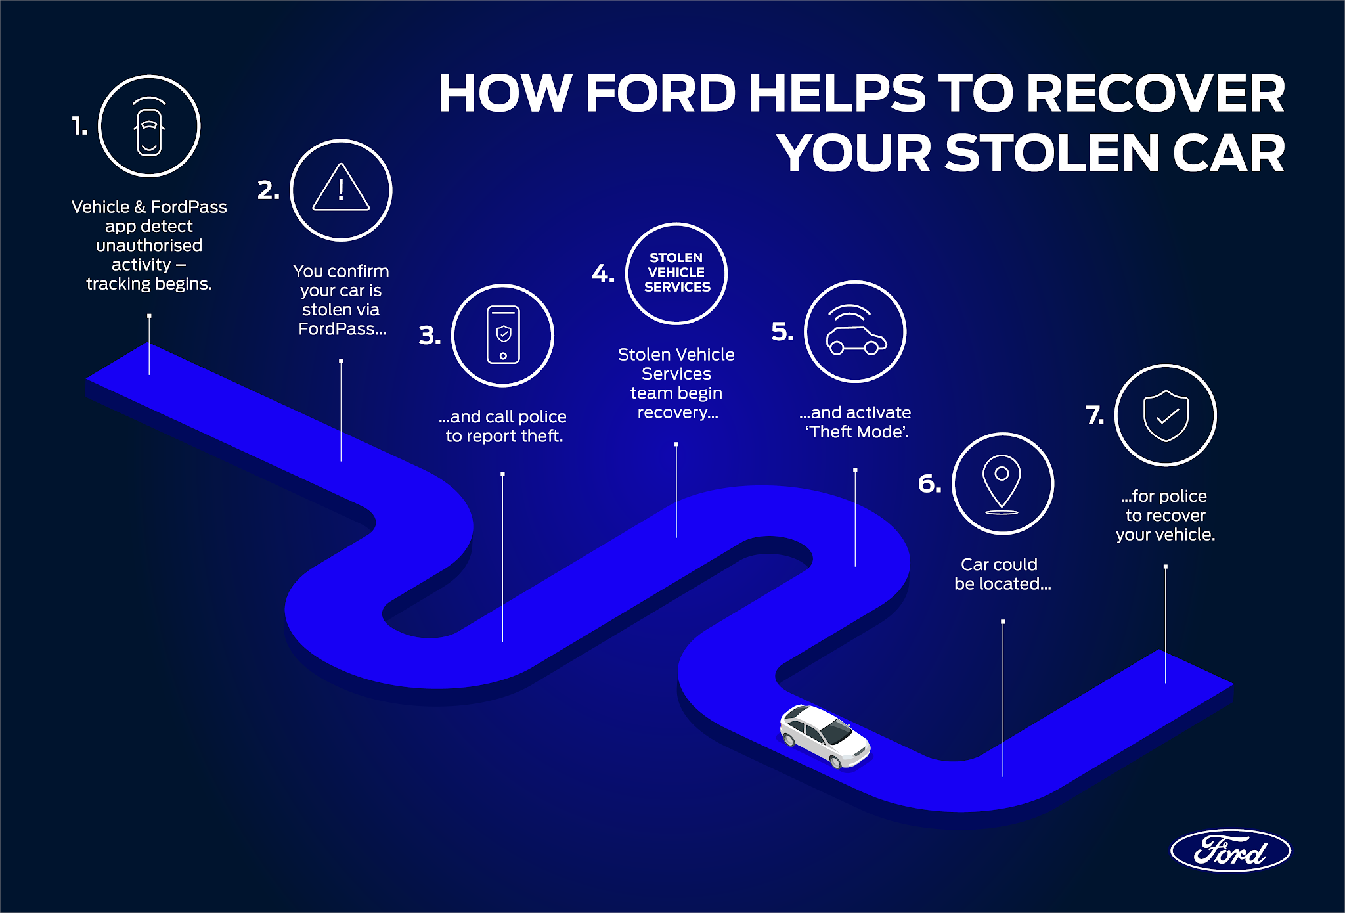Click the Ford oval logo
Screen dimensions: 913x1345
pyautogui.click(x=1230, y=851)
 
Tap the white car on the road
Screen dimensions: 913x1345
pyautogui.click(x=825, y=736)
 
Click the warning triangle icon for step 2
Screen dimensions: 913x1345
pyautogui.click(x=341, y=189)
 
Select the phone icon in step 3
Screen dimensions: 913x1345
pyautogui.click(x=503, y=335)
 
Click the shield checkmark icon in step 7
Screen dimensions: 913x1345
pyautogui.click(x=1166, y=416)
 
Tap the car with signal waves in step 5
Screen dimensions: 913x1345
pyautogui.click(x=855, y=332)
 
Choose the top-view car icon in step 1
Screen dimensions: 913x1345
pyautogui.click(x=149, y=128)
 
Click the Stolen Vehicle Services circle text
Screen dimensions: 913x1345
pyautogui.click(x=676, y=273)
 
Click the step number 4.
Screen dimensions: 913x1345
pyautogui.click(x=602, y=273)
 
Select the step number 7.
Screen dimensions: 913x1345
pyautogui.click(x=1095, y=415)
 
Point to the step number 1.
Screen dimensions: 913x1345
pyautogui.click(x=79, y=126)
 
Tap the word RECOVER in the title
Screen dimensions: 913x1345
pyautogui.click(x=1155, y=93)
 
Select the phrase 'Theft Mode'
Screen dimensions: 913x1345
pyautogui.click(x=856, y=432)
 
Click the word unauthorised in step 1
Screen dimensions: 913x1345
pyautogui.click(x=149, y=246)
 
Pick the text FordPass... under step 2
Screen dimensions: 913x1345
pyautogui.click(x=342, y=329)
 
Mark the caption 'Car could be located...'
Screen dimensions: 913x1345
pyautogui.click(x=1002, y=574)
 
